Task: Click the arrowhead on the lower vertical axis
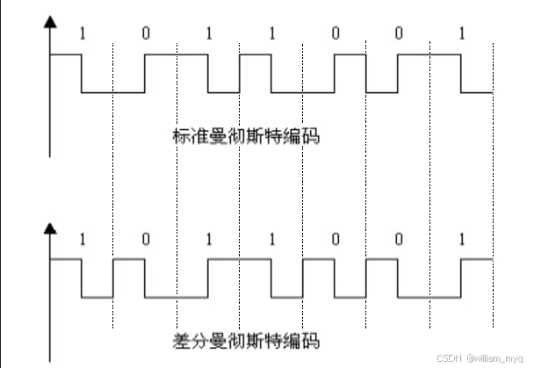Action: click(x=50, y=231)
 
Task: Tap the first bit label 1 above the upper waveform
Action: click(x=83, y=34)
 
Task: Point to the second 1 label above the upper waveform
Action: click(x=209, y=34)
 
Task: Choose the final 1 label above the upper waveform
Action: click(x=462, y=34)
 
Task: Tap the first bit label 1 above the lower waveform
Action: click(x=83, y=240)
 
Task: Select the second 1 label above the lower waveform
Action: click(x=209, y=240)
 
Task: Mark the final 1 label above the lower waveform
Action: click(x=462, y=240)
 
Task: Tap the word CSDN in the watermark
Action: click(x=451, y=358)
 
